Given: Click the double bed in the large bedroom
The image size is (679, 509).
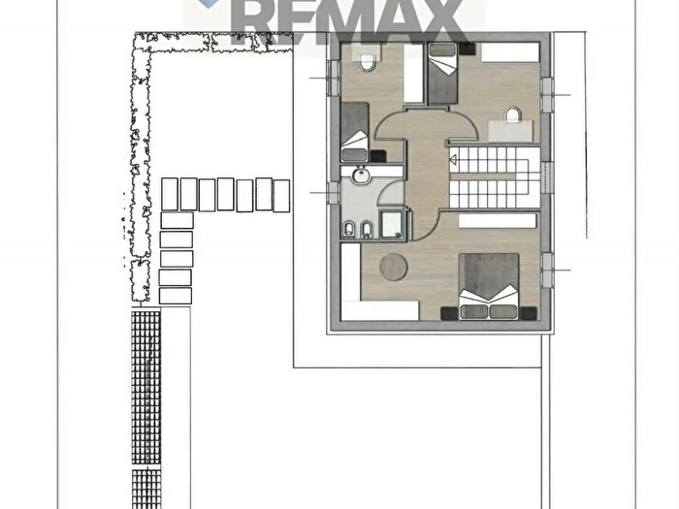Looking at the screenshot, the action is [x=489, y=287].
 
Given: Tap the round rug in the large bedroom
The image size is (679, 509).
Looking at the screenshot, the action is [x=393, y=267].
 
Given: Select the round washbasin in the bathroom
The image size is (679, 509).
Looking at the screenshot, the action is [x=360, y=175].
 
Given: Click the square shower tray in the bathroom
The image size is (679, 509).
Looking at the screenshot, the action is [x=393, y=224].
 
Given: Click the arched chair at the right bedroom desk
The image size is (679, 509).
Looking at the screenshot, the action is [x=512, y=114].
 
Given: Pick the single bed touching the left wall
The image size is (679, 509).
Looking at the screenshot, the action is [x=355, y=132].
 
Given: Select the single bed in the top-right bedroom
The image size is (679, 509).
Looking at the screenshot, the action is [x=442, y=73].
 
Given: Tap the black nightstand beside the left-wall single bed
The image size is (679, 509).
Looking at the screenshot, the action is [x=378, y=156].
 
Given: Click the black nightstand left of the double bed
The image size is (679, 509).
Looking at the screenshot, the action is [x=449, y=313].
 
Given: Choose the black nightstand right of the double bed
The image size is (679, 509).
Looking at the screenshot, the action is [x=529, y=313].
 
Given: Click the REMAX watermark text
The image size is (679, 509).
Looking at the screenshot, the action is [x=346, y=19].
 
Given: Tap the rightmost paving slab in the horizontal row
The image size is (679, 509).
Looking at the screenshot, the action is [x=281, y=196].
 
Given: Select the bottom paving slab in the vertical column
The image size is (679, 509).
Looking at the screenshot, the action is [x=176, y=296].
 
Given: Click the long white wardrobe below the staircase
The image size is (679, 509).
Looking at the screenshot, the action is [x=498, y=221].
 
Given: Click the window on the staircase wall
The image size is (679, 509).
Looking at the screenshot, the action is [x=547, y=177].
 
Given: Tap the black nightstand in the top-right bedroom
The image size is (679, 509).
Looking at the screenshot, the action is [x=468, y=48].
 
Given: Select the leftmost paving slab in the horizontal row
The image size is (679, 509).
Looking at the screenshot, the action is [x=170, y=194].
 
